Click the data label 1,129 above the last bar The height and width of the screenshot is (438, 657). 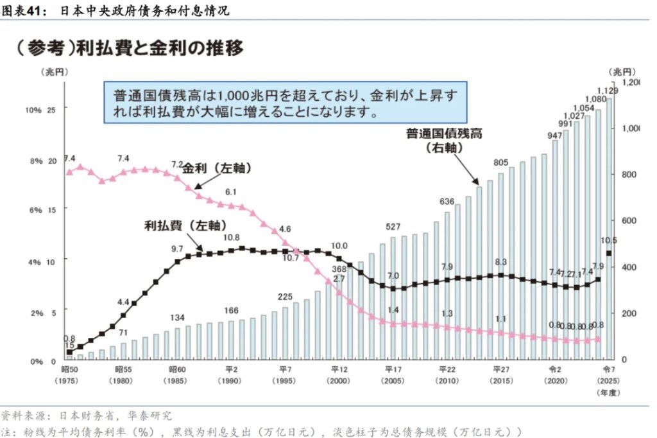pos(607,91)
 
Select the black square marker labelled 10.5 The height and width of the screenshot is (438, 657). pos(609,253)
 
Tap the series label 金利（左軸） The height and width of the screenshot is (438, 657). pos(217,168)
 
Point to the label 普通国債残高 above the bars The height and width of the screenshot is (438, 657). pos(443,134)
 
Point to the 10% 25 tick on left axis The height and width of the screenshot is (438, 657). pos(40,110)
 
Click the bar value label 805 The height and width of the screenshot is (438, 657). pos(501,162)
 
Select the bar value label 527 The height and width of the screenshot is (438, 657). pos(393,227)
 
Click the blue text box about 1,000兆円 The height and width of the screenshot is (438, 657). pos(286,103)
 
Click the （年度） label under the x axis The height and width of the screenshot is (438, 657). pos(608,391)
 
